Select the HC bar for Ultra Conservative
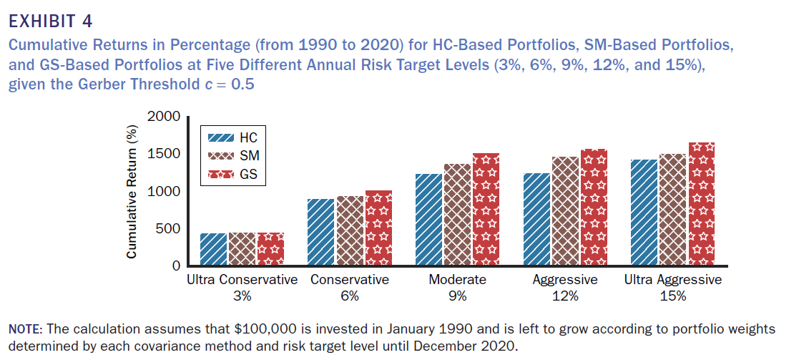(214, 249)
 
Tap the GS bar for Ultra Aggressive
(701, 204)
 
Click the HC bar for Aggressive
(536, 219)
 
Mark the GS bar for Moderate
(486, 209)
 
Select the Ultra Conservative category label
(242, 280)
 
